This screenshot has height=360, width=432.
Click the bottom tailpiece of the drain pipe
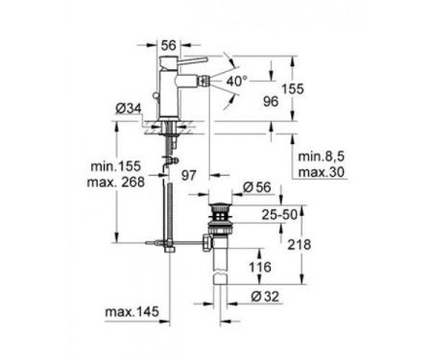coord(223,283)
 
